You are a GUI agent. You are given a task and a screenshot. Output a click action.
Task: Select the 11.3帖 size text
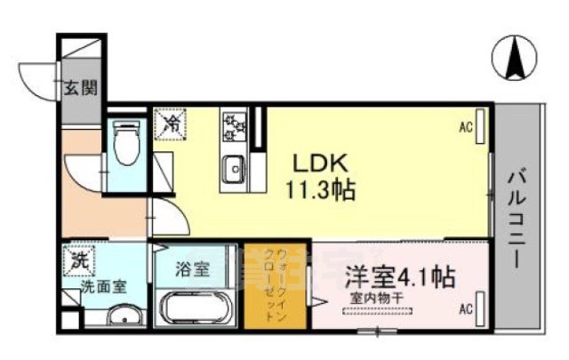321,188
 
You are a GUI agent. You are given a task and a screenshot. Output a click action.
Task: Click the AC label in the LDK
465,127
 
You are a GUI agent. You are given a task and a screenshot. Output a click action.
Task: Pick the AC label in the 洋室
465,309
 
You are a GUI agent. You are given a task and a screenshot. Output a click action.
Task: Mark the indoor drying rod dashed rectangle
379,310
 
